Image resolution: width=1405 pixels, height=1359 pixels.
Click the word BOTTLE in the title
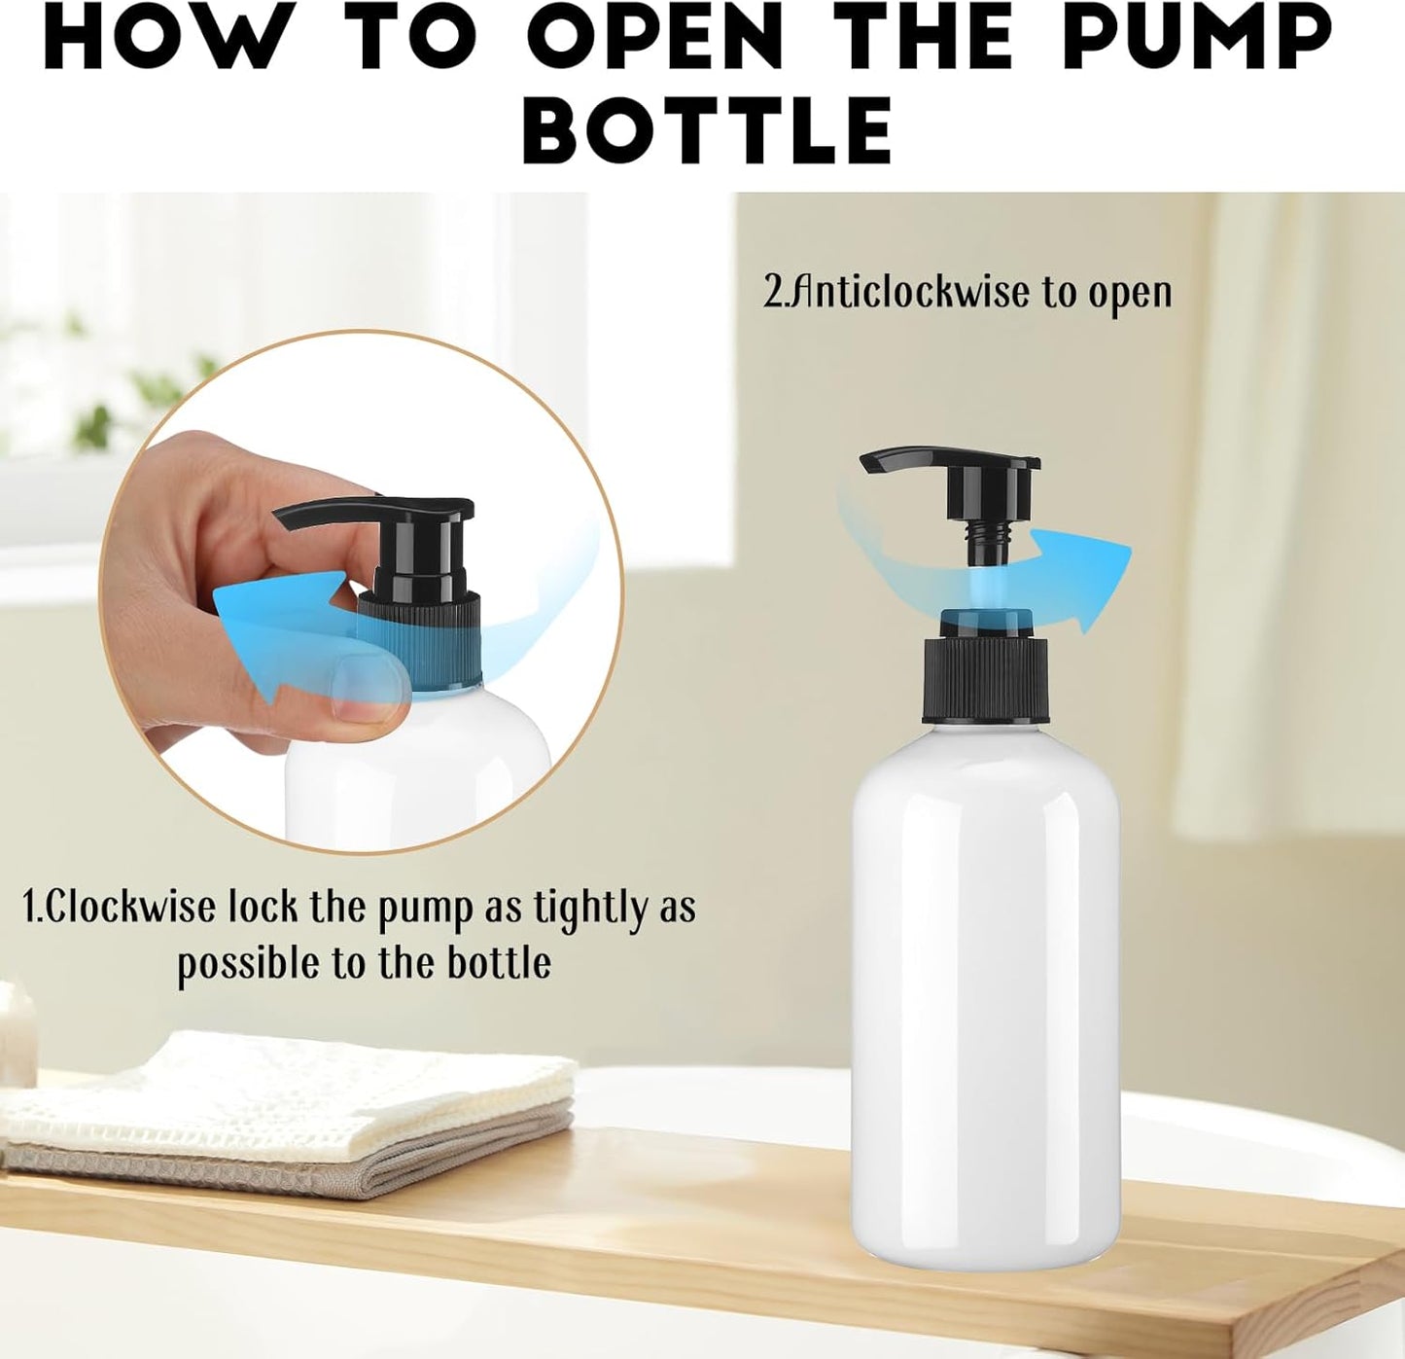[709, 130]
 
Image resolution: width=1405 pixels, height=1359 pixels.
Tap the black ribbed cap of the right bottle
[985, 681]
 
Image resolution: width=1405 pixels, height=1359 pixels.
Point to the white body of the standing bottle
[985, 992]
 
